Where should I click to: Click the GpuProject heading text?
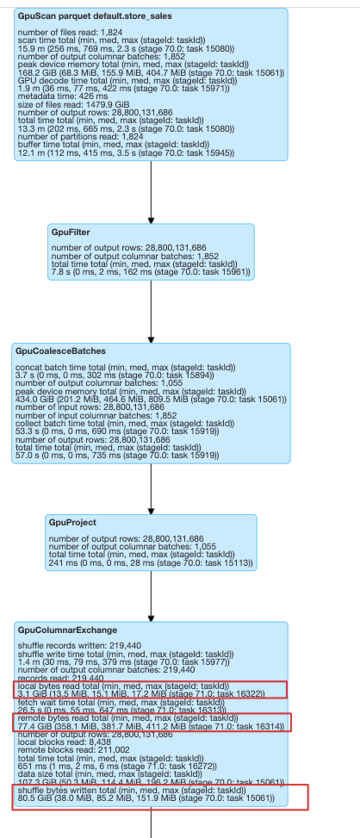tap(73, 522)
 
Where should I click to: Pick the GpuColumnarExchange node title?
tap(67, 630)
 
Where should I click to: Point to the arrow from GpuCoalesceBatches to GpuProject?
tap(151, 487)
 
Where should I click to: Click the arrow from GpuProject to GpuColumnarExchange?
tap(151, 594)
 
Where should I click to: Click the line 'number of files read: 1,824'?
tap(67, 32)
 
